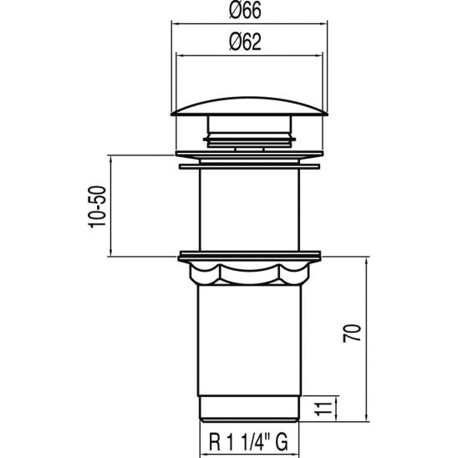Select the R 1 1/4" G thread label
click(x=247, y=437)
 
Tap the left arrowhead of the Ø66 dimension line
click(x=175, y=24)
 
